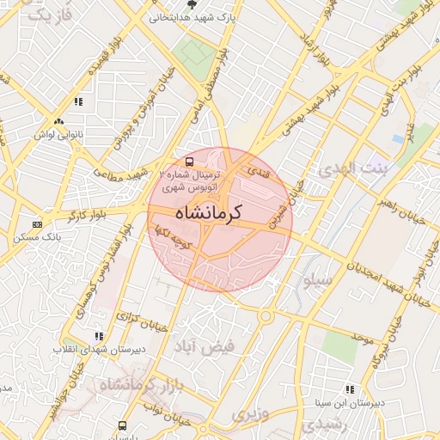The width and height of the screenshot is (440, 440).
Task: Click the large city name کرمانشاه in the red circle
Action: (x=208, y=211)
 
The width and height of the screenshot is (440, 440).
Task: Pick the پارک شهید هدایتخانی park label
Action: (x=192, y=16)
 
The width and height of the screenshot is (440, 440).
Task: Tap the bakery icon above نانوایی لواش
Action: (x=58, y=122)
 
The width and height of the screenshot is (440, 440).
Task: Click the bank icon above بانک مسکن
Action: (x=36, y=224)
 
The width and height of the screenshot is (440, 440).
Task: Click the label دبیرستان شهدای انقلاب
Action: (x=91, y=350)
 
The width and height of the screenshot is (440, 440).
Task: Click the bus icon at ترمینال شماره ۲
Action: (x=190, y=161)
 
